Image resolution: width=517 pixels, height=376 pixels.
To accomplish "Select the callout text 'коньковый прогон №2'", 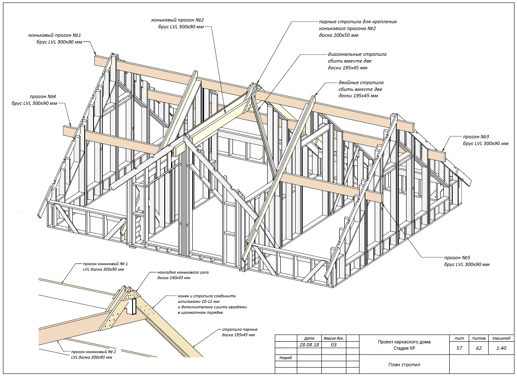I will click(x=178, y=20).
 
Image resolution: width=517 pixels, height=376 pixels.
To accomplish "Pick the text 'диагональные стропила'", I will click(x=357, y=54).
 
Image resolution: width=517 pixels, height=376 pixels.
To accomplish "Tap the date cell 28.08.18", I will click(x=309, y=345).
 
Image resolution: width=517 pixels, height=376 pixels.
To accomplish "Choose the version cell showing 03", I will click(x=333, y=345).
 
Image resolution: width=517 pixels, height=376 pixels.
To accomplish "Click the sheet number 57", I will click(x=459, y=348).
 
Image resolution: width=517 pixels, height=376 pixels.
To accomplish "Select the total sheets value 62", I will click(x=478, y=348).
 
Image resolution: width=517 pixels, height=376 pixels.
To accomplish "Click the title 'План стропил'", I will click(x=404, y=364).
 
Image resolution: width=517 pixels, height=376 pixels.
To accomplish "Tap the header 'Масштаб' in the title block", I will click(x=500, y=338).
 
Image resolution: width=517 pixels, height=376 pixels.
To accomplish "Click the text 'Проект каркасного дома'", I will click(x=404, y=342).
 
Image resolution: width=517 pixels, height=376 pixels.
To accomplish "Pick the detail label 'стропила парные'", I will click(x=240, y=329).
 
